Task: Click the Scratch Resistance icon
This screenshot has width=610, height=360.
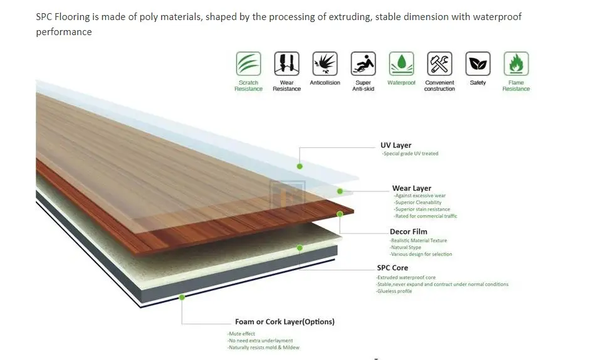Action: [x=248, y=64]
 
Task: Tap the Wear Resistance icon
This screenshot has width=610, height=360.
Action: [x=287, y=64]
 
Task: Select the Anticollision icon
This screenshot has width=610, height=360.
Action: [x=325, y=64]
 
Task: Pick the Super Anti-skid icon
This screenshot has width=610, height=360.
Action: [x=363, y=64]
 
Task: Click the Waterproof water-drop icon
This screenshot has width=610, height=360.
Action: [x=401, y=64]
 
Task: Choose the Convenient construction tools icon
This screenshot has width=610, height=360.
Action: [x=439, y=64]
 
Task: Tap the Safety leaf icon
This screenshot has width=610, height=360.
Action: [x=478, y=64]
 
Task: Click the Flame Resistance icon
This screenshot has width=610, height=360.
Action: [x=516, y=64]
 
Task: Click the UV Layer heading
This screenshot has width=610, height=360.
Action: [x=396, y=146]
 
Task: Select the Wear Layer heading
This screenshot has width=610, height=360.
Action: [x=411, y=188]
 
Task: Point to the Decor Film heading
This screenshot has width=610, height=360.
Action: [x=408, y=232]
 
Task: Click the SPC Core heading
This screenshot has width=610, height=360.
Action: [x=392, y=268]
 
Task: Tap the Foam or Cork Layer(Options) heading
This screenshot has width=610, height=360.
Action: [x=285, y=322]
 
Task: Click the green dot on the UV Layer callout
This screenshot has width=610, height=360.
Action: [x=300, y=166]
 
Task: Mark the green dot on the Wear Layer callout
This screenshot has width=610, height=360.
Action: [x=340, y=191]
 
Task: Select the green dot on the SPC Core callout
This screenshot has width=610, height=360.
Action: [x=300, y=248]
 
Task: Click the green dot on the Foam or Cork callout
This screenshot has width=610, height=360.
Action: [x=182, y=297]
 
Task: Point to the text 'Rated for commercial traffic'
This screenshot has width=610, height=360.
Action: [x=426, y=216]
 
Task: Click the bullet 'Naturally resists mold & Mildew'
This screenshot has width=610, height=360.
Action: [x=264, y=347]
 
